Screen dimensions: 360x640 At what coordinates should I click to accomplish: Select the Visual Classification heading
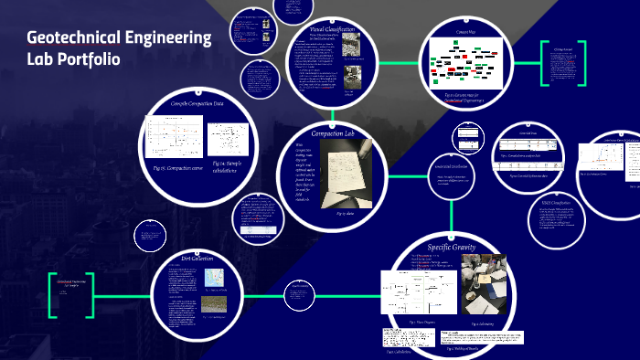[326, 30]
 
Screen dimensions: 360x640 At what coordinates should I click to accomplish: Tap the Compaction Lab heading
[332, 134]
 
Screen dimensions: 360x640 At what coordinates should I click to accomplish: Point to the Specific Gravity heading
[443, 246]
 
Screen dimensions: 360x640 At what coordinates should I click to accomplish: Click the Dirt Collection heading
[197, 259]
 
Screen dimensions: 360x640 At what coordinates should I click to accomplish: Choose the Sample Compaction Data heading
[197, 103]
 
